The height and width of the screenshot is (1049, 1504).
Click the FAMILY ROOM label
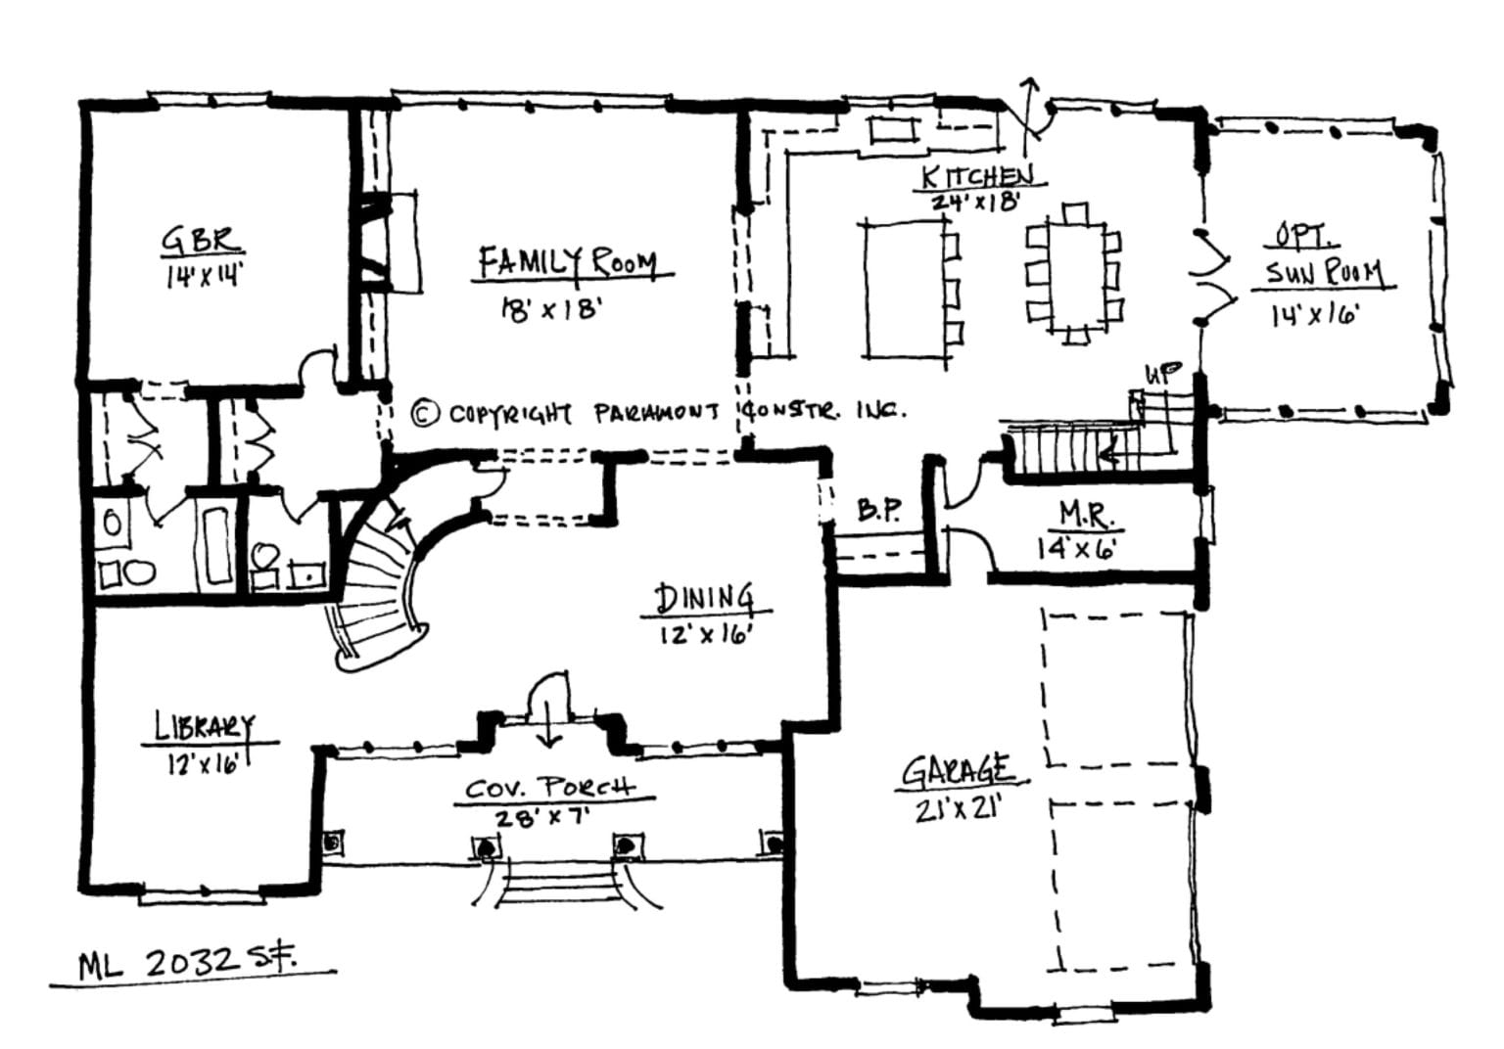click(x=567, y=262)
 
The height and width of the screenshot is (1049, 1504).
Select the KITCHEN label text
click(x=976, y=176)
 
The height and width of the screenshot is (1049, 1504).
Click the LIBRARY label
click(x=204, y=727)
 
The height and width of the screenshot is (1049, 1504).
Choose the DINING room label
click(x=704, y=598)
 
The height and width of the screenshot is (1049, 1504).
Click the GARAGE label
click(x=957, y=770)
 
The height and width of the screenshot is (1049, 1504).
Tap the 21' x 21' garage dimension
click(x=956, y=808)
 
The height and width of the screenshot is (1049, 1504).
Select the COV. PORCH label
click(x=549, y=787)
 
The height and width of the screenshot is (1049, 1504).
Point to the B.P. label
click(x=878, y=510)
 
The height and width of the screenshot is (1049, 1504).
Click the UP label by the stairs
click(x=1163, y=374)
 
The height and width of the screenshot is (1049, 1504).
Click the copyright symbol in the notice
click(x=424, y=413)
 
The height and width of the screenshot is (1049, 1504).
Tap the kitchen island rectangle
click(x=904, y=291)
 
